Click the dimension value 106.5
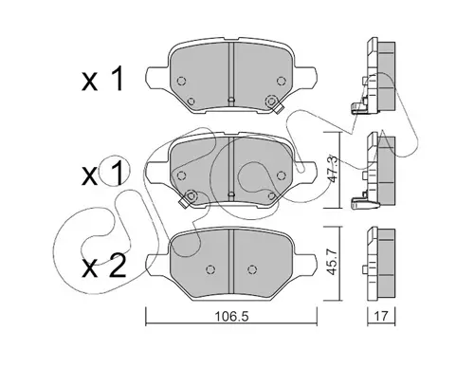click(x=231, y=316)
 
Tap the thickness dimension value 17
click(x=381, y=316)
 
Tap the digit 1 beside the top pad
click(x=115, y=79)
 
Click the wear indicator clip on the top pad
click(x=274, y=104)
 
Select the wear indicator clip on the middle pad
click(x=189, y=199)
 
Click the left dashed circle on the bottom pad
click(x=210, y=269)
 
